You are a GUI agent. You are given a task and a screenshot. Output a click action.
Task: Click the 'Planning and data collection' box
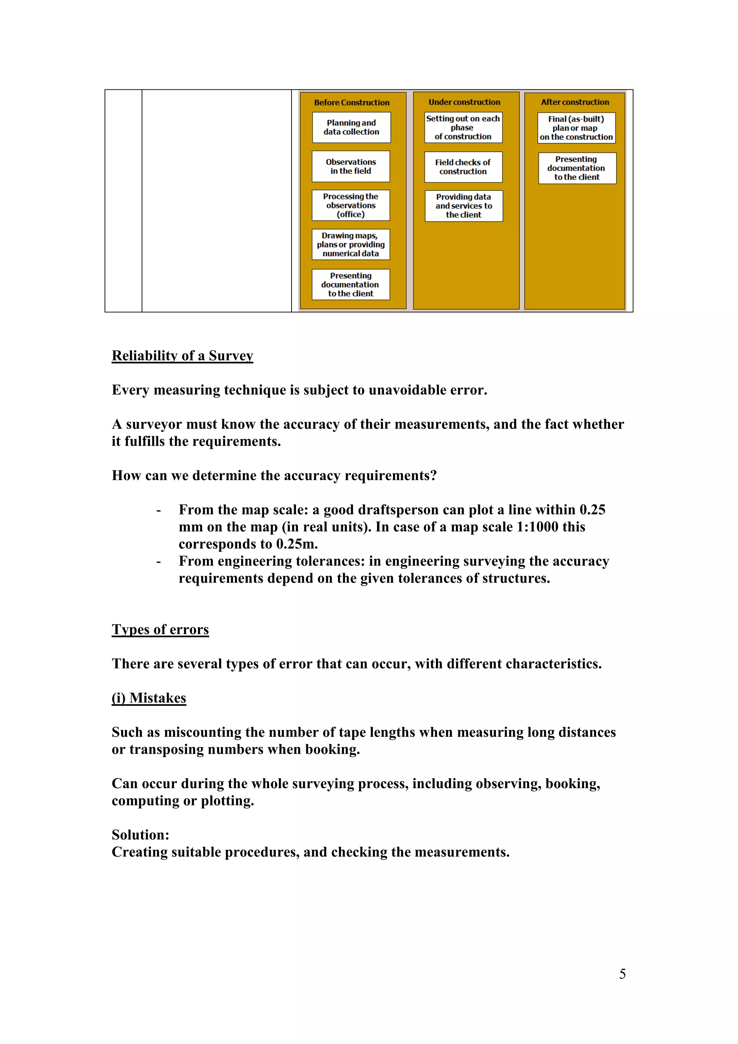[x=351, y=127]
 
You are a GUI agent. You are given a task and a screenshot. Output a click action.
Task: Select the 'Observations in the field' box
[x=351, y=167]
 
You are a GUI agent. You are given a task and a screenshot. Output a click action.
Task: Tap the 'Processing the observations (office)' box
[x=351, y=205]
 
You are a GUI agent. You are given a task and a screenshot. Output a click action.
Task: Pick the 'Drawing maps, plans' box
[x=351, y=245]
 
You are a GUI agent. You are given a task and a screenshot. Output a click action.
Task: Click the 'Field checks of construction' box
[x=463, y=167]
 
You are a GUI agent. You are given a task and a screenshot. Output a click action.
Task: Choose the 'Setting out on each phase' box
[x=463, y=127]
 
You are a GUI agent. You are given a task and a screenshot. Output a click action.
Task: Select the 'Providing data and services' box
[x=463, y=206]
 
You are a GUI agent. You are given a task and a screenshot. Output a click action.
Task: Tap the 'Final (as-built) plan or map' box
[x=576, y=128]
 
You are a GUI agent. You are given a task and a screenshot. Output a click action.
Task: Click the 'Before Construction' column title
[x=352, y=103]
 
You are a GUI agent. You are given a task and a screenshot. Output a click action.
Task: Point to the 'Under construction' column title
[x=464, y=102]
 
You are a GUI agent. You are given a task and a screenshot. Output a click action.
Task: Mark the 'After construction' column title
[x=575, y=102]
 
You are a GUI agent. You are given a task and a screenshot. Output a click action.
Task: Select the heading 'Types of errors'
[x=160, y=629]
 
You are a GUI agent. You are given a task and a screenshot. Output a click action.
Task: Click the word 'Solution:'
[x=141, y=835]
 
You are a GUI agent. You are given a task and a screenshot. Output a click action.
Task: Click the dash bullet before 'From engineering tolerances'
[x=159, y=562]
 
